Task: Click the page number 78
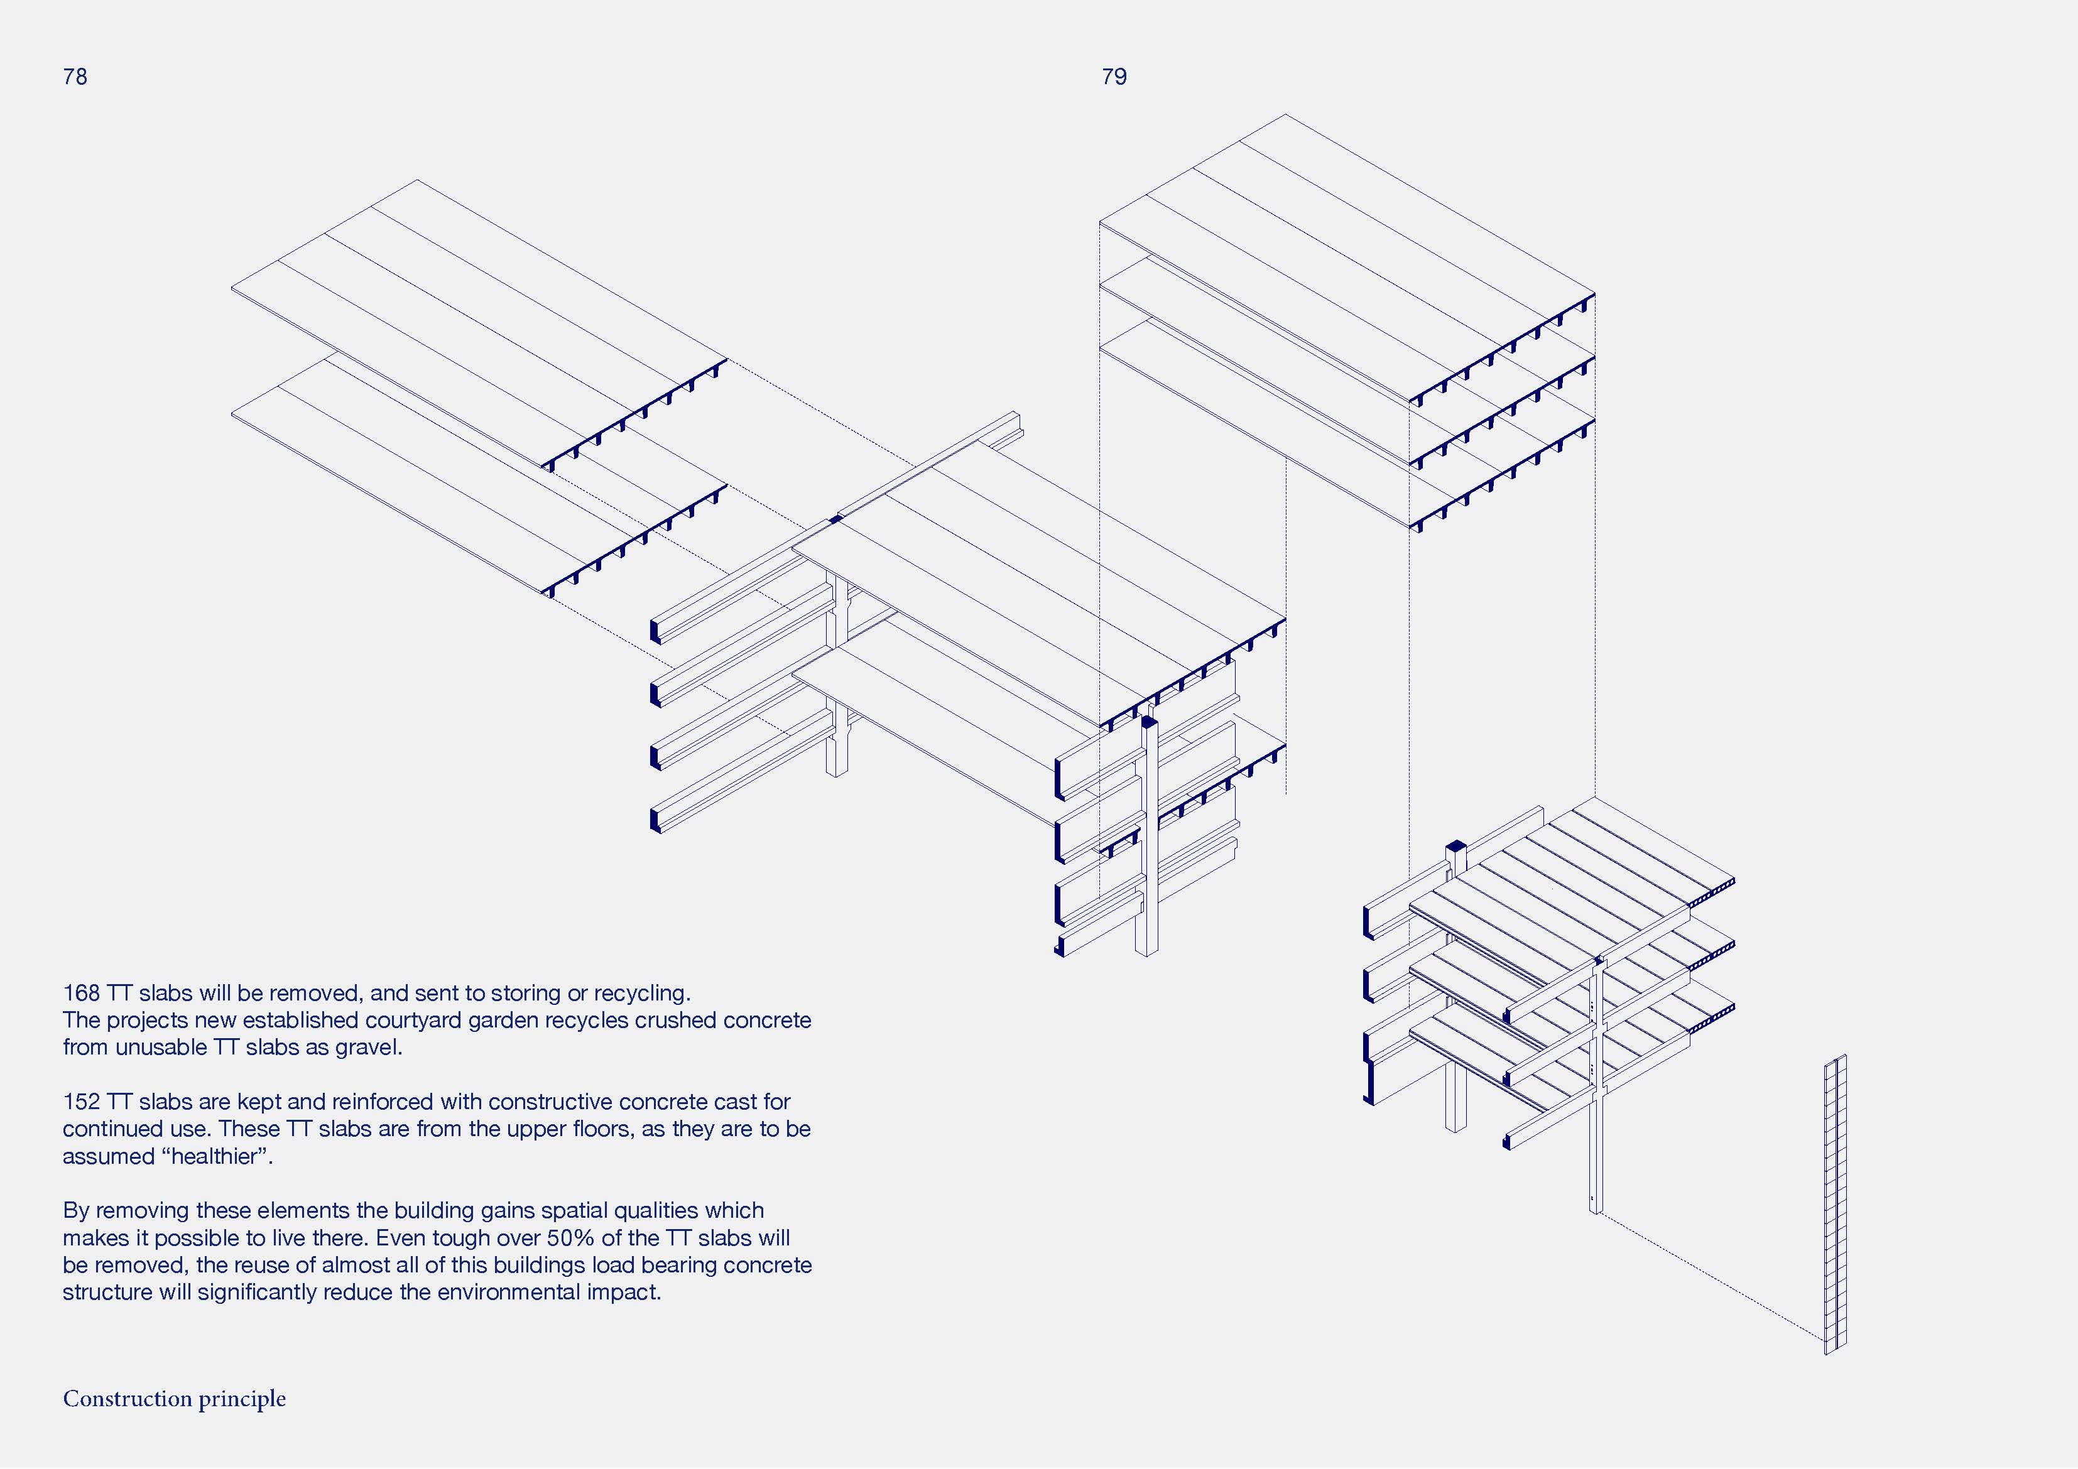[x=75, y=77]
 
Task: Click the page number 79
[x=1114, y=77]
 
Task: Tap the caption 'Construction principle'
[x=174, y=1399]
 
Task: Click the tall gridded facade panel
[x=1834, y=1204]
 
